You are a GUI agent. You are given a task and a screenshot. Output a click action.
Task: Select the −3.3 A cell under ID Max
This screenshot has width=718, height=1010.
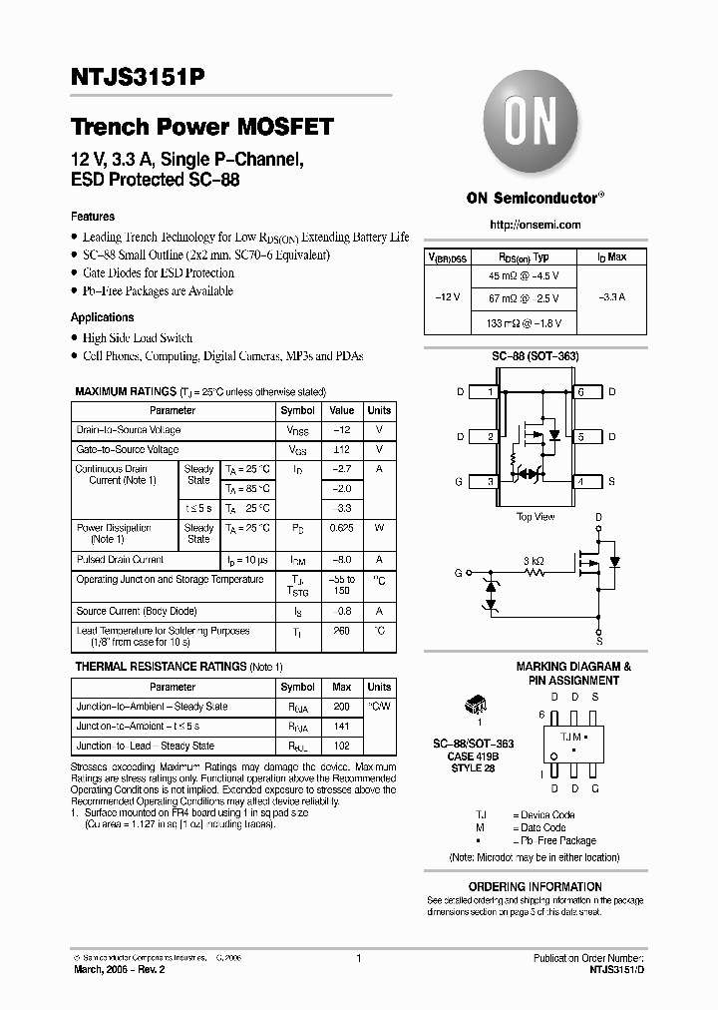tap(611, 297)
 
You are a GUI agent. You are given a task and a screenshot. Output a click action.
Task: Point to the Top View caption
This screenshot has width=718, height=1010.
tap(535, 517)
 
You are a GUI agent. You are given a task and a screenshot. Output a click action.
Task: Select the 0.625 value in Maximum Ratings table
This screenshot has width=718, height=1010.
tap(341, 528)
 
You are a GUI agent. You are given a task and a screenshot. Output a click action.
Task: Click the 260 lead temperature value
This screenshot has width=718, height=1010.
tap(341, 631)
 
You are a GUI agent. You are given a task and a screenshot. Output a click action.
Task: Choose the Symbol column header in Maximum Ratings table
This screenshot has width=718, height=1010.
tap(297, 410)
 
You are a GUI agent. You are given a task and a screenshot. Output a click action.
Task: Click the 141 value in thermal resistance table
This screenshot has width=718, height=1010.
tap(341, 726)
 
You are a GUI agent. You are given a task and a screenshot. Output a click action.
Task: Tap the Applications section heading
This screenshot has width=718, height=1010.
tap(102, 317)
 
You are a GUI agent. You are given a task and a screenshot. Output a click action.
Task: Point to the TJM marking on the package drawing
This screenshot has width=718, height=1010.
tap(569, 737)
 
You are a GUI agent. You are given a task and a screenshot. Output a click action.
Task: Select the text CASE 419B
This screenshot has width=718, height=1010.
tap(474, 757)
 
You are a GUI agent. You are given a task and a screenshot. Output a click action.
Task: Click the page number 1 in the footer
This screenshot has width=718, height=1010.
tap(357, 959)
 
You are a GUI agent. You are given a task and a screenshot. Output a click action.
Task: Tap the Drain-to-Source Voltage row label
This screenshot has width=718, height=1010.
tap(129, 430)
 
